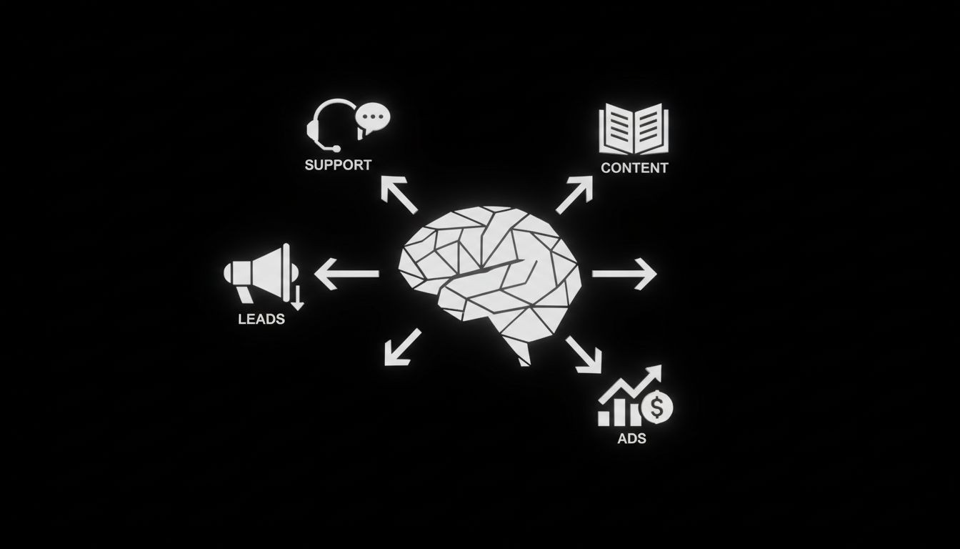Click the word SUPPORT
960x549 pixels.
click(338, 164)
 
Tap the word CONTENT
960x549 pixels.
click(634, 168)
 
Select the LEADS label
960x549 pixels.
click(261, 319)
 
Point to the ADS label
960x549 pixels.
click(631, 438)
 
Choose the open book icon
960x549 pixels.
click(634, 131)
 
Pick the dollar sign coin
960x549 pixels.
click(657, 408)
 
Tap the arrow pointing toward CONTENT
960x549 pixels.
click(575, 194)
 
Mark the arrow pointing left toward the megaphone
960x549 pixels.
click(346, 274)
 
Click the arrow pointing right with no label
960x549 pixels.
click(624, 274)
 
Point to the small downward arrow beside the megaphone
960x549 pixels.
click(297, 296)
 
